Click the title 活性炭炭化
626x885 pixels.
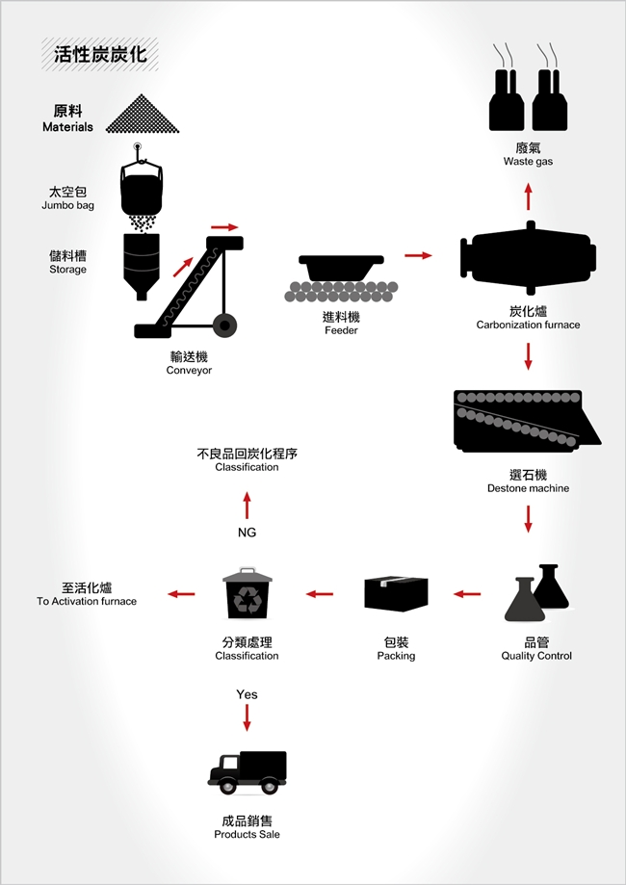(x=100, y=54)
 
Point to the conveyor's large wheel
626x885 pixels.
(x=224, y=325)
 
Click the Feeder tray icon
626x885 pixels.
(x=341, y=269)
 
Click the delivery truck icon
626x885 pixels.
(x=248, y=772)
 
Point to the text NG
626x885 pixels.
(x=247, y=533)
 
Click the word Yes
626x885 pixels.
(x=247, y=694)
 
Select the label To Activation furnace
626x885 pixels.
(x=87, y=594)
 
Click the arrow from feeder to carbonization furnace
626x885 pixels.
(x=418, y=255)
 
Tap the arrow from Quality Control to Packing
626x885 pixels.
(x=467, y=594)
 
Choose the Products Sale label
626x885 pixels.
(x=248, y=827)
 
